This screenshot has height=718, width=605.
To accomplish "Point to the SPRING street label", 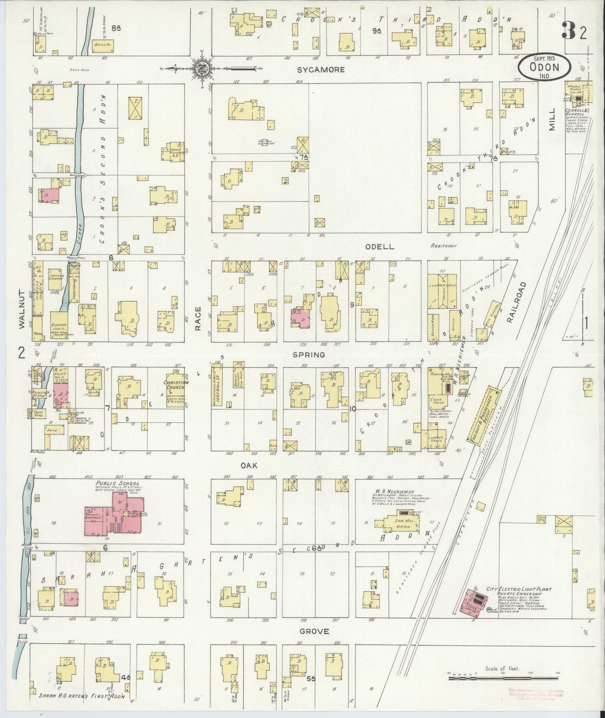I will [309, 355].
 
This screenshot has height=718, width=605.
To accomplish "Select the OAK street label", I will [248, 465].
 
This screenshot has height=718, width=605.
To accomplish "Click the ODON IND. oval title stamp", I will [544, 67].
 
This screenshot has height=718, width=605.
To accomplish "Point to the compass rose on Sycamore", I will [201, 68].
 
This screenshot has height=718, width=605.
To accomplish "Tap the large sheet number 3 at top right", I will [569, 31].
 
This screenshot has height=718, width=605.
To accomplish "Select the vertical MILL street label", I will [552, 119].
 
